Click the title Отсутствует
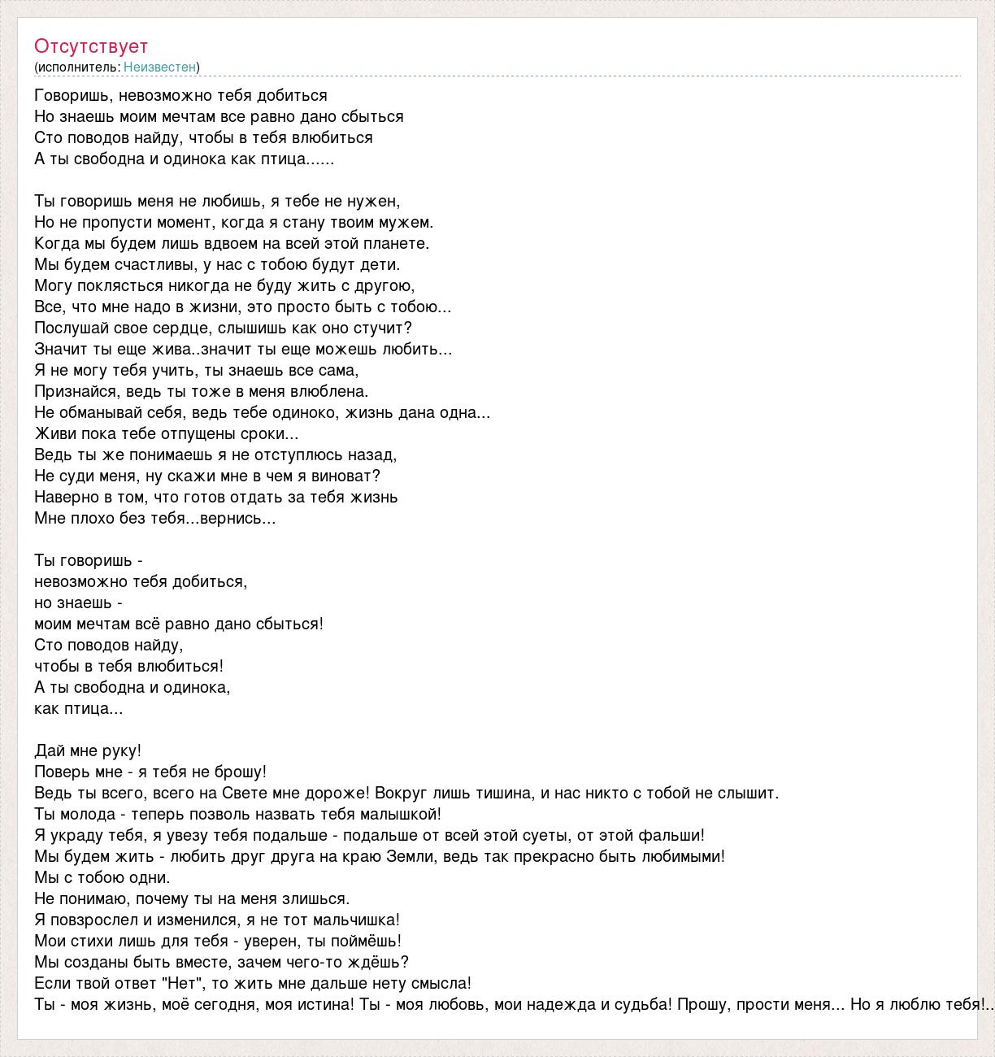91,46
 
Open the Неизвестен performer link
159,67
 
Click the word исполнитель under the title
77,67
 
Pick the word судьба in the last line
637,1004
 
